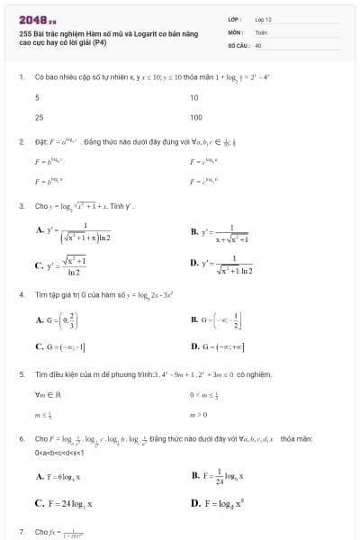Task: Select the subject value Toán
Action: (x=261, y=31)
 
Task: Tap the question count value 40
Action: (x=258, y=43)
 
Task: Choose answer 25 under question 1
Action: (x=40, y=117)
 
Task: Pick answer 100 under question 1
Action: (x=195, y=117)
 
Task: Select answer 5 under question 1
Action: (x=37, y=97)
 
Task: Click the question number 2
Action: (x=21, y=142)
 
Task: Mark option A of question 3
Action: (x=72, y=231)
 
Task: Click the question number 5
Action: (x=21, y=373)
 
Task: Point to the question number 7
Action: (x=21, y=531)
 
